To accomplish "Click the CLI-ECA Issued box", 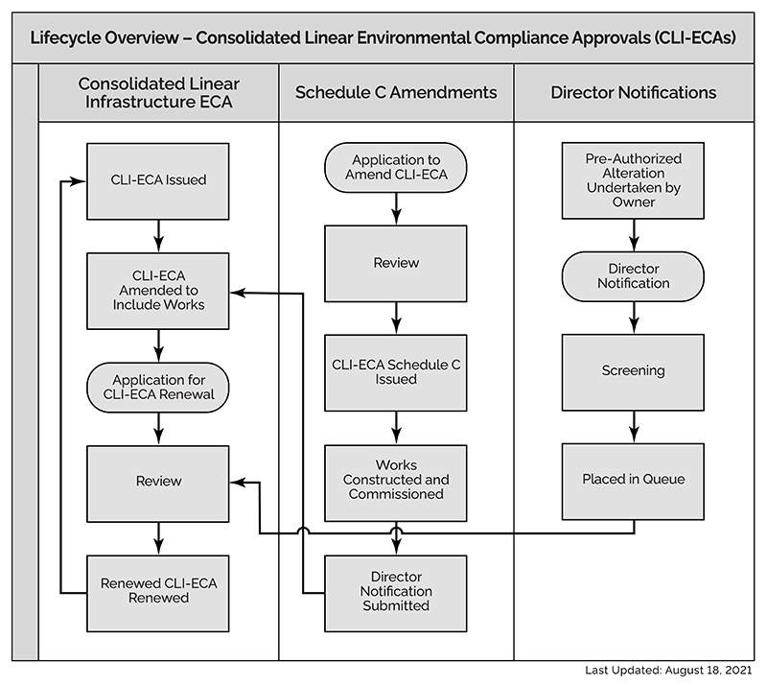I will pyautogui.click(x=158, y=179).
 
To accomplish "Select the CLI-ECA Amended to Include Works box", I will pyautogui.click(x=158, y=289).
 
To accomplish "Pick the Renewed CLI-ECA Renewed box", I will pyautogui.click(x=158, y=590).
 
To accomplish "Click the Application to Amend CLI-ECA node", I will pyautogui.click(x=396, y=167).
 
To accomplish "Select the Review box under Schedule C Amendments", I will pyautogui.click(x=396, y=263).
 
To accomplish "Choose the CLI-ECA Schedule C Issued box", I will pyautogui.click(x=396, y=371).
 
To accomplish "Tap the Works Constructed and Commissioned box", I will pyautogui.click(x=396, y=480).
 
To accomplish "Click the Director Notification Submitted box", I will pyautogui.click(x=396, y=591).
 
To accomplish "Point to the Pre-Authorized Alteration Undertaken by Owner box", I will pyautogui.click(x=634, y=180).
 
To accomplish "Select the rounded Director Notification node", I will pyautogui.click(x=634, y=276).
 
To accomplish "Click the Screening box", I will pyautogui.click(x=634, y=370).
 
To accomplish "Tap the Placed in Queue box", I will pyautogui.click(x=634, y=479).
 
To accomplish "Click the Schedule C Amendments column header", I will pyautogui.click(x=396, y=93).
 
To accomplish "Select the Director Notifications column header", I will pyautogui.click(x=634, y=93).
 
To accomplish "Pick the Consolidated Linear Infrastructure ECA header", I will pyautogui.click(x=158, y=93).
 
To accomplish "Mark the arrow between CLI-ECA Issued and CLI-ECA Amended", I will pyautogui.click(x=158, y=234).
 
